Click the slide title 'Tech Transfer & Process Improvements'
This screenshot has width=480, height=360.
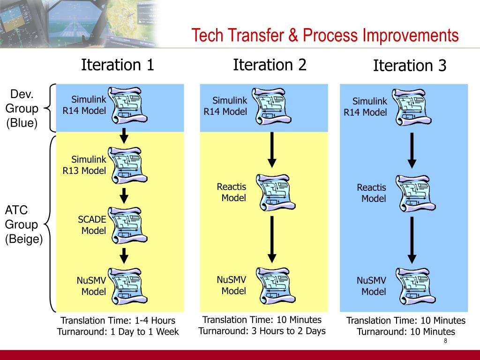pos(325,36)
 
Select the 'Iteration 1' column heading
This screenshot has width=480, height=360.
pos(117,65)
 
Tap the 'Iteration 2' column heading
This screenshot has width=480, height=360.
pos(270,65)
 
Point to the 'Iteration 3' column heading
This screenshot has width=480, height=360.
pos(410,66)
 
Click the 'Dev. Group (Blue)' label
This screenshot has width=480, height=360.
pos(22,108)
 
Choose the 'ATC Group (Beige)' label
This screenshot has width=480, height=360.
pos(23,225)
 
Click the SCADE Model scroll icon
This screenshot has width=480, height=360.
pos(128,225)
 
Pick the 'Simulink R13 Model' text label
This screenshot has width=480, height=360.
pos(84,165)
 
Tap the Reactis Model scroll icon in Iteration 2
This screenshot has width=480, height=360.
pos(276,193)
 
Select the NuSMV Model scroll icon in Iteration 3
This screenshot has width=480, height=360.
pos(415,286)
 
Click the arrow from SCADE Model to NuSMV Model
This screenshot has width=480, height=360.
pos(124,256)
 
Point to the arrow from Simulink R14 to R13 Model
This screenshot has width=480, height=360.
pos(124,135)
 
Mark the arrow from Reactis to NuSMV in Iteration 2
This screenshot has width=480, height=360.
pos(272,240)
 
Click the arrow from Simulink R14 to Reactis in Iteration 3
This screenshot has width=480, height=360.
pos(412,150)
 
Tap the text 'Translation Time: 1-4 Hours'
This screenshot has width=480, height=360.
pos(118,320)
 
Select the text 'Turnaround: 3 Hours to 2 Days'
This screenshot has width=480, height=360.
pos(262,331)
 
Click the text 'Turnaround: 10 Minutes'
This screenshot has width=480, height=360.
pos(406,331)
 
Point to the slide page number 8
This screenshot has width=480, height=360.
pos(445,341)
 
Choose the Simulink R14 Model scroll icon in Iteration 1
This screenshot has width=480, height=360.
pos(128,105)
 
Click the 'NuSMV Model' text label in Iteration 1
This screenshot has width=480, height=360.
pos(91,286)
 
